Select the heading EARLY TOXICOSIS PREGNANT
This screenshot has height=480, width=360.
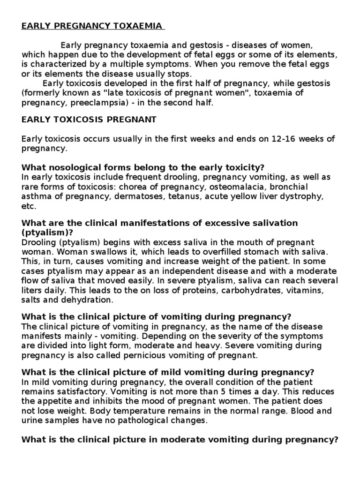[89, 120]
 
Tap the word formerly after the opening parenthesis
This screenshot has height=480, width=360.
[41, 93]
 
